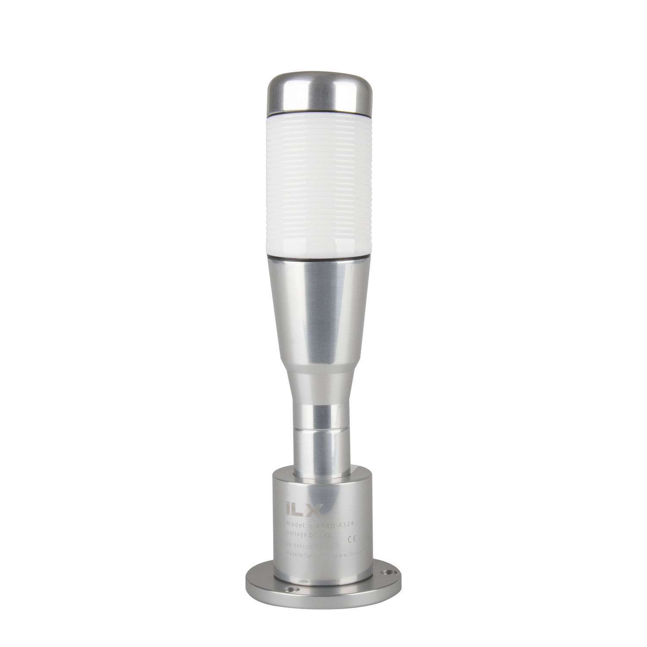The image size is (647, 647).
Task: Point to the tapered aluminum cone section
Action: [320, 311]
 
